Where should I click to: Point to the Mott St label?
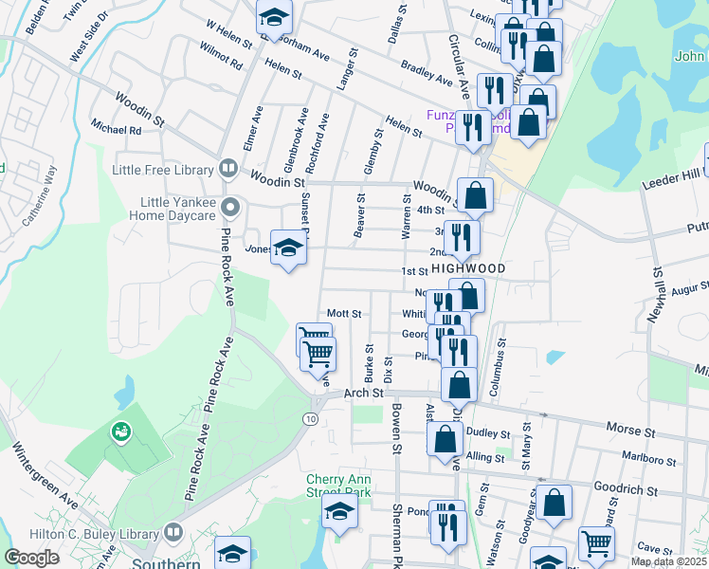[x=344, y=313]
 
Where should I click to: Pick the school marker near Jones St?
[x=288, y=248]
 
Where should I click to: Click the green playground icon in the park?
[x=120, y=432]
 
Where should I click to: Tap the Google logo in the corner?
[x=32, y=558]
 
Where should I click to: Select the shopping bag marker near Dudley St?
[x=445, y=439]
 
